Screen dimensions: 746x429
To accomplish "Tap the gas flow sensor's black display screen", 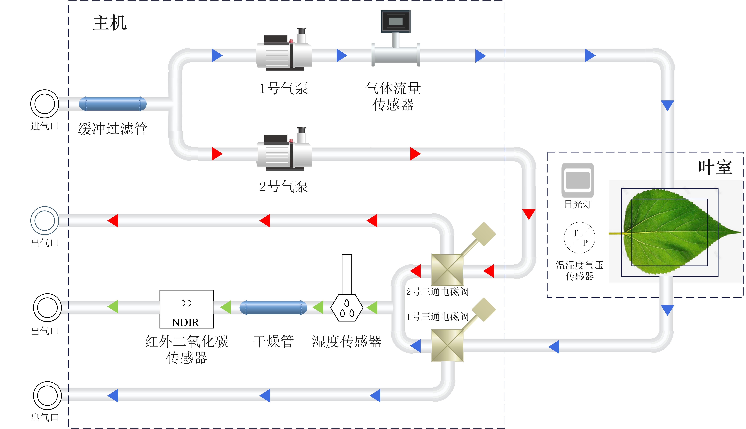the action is (395, 21).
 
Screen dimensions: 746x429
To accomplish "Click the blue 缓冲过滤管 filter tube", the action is (113, 104).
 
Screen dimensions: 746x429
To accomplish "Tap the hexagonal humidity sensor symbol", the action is (347, 308).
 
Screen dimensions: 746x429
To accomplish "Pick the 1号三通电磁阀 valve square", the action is (447, 345).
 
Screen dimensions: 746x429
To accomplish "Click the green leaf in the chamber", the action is (677, 233).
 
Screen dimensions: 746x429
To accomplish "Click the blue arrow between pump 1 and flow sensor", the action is (342, 55).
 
